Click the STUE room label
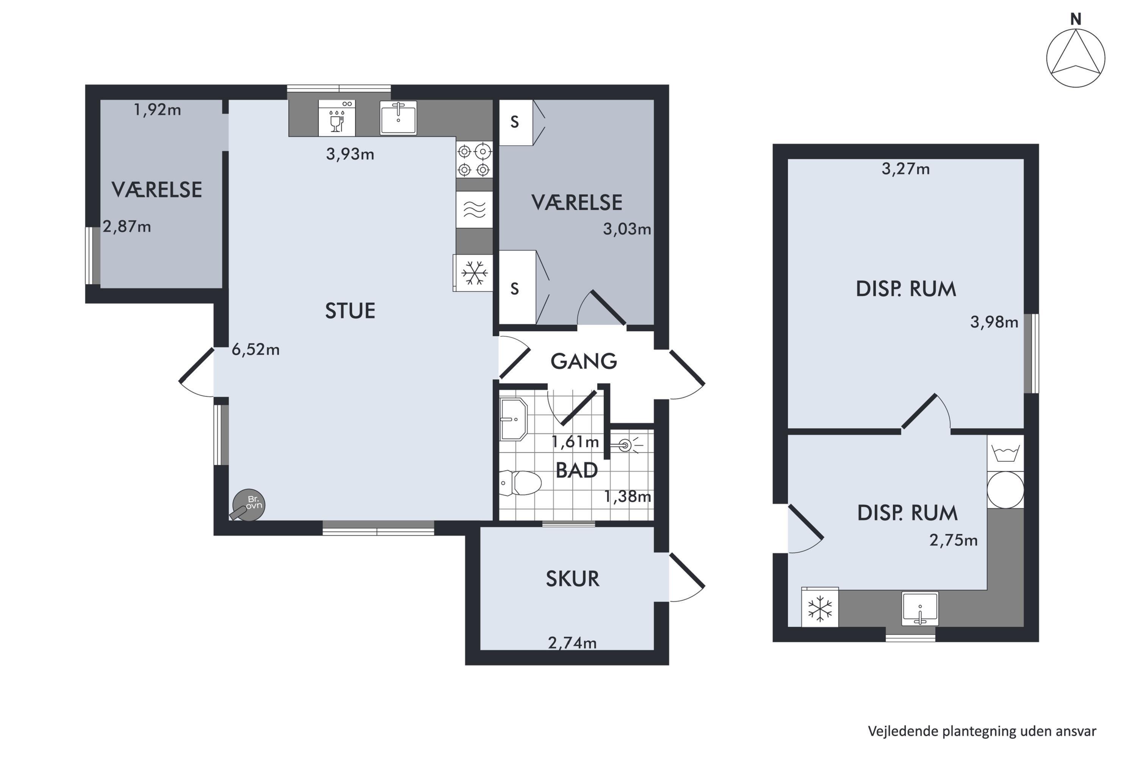pyautogui.click(x=350, y=311)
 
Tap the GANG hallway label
pyautogui.click(x=584, y=362)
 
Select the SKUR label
pyautogui.click(x=572, y=579)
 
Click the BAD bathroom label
pyautogui.click(x=577, y=470)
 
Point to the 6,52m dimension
pyautogui.click(x=256, y=349)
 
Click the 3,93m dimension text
pyautogui.click(x=350, y=154)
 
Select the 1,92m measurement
pyautogui.click(x=157, y=110)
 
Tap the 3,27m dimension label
pyautogui.click(x=905, y=169)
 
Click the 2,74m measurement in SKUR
pyautogui.click(x=572, y=643)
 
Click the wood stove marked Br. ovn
pyautogui.click(x=248, y=505)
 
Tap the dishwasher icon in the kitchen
pyautogui.click(x=337, y=118)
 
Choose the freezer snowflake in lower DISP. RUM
pyautogui.click(x=820, y=608)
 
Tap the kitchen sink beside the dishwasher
pyautogui.click(x=398, y=117)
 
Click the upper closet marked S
pyautogui.click(x=516, y=122)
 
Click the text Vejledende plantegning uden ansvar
pyautogui.click(x=982, y=731)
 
